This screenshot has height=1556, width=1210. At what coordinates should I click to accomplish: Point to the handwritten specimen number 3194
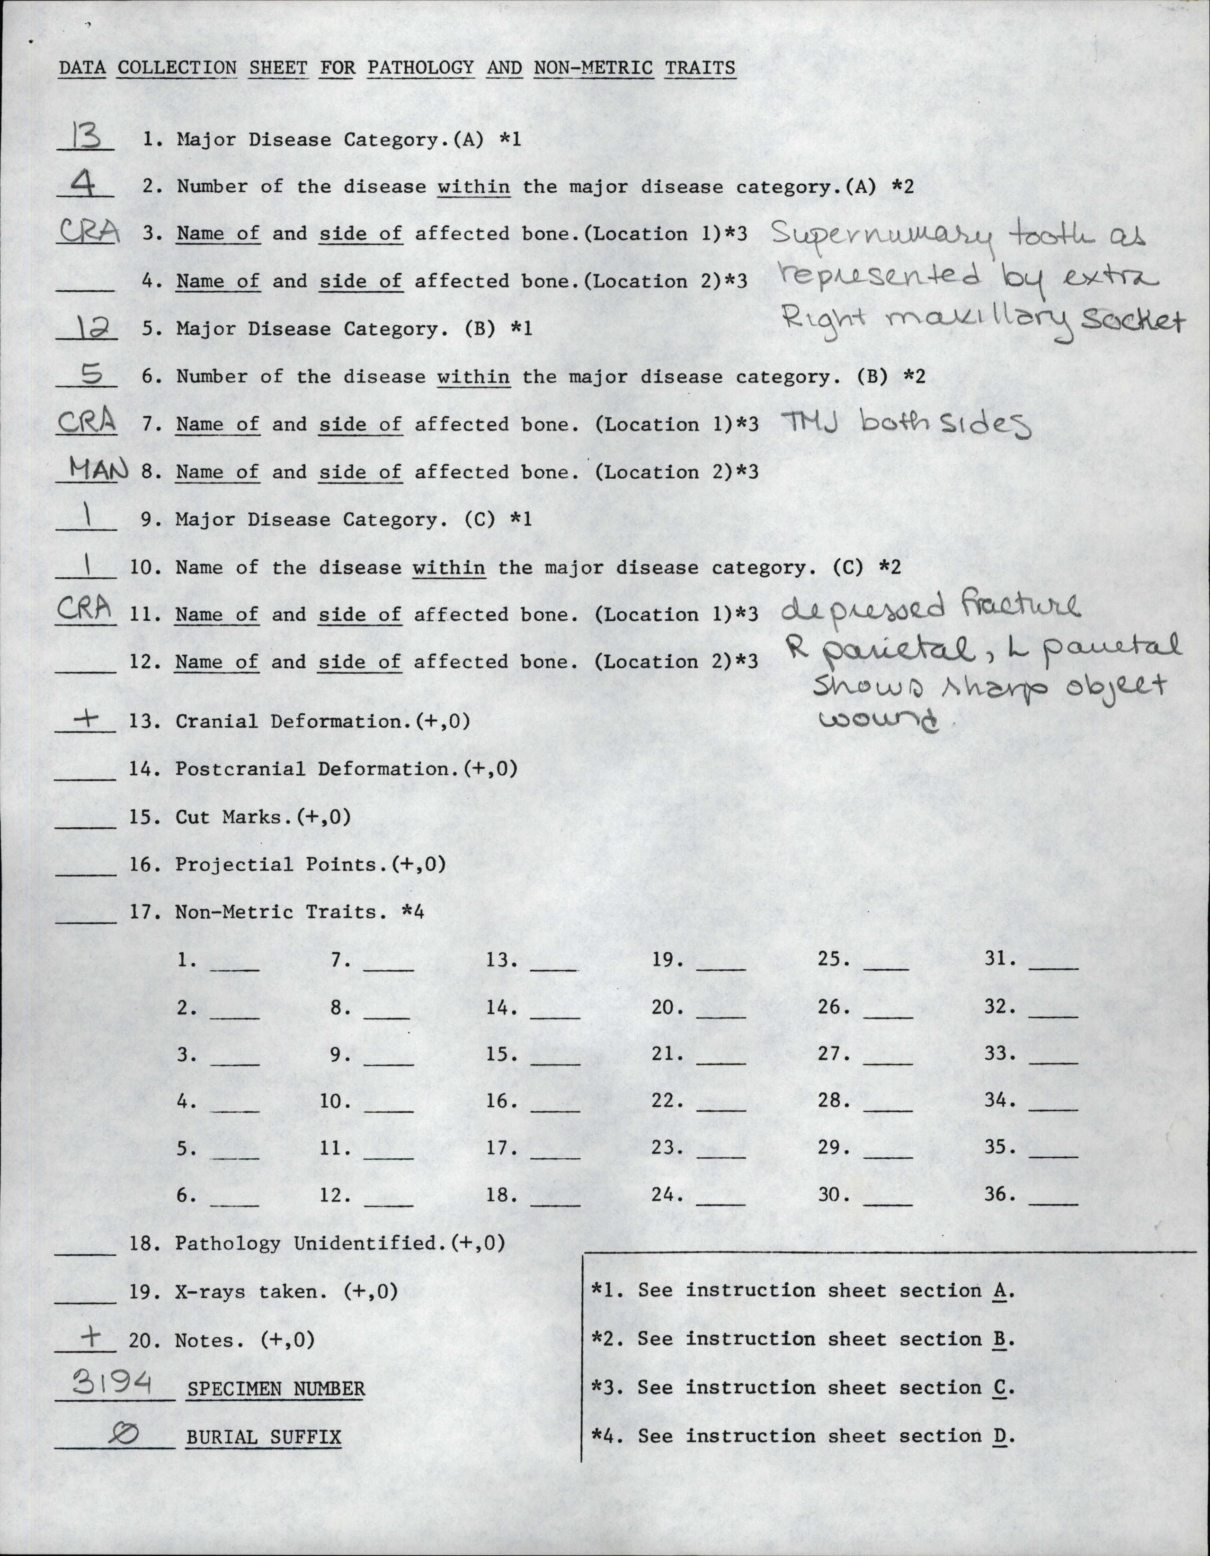(113, 1384)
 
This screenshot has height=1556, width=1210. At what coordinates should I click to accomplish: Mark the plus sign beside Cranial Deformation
(87, 718)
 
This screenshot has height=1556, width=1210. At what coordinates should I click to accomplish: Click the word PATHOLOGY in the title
(420, 68)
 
